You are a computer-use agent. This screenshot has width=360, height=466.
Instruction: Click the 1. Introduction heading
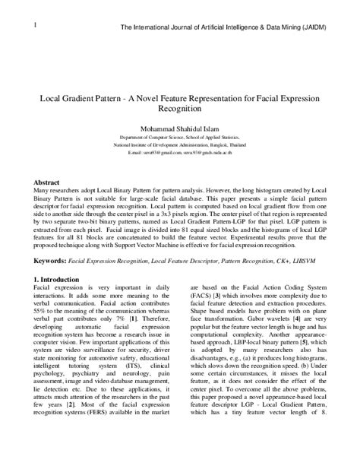coord(61,281)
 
